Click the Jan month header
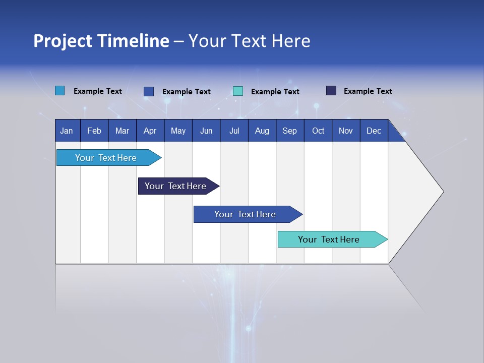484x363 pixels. pyautogui.click(x=67, y=131)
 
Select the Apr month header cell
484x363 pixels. pyautogui.click(x=150, y=131)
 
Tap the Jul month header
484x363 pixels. pyautogui.click(x=234, y=131)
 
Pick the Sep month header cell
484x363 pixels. pyautogui.click(x=289, y=131)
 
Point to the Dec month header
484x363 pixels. pyautogui.click(x=374, y=131)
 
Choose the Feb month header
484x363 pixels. pyautogui.click(x=94, y=131)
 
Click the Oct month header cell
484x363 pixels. pyautogui.click(x=318, y=131)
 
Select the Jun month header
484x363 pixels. pyautogui.click(x=206, y=131)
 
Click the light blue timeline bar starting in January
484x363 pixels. pyautogui.click(x=106, y=158)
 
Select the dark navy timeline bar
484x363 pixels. pyautogui.click(x=175, y=186)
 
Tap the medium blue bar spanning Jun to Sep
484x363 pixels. pyautogui.click(x=245, y=214)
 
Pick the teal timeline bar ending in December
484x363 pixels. pyautogui.click(x=329, y=239)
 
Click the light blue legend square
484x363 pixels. pyautogui.click(x=60, y=91)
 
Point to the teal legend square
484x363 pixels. pyautogui.click(x=238, y=91)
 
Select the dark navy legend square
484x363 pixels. pyautogui.click(x=331, y=91)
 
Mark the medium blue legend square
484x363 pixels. pyautogui.click(x=149, y=91)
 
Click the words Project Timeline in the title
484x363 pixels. pyautogui.click(x=101, y=41)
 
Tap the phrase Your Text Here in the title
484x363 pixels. pyautogui.click(x=250, y=41)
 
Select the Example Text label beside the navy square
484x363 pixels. pyautogui.click(x=368, y=91)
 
